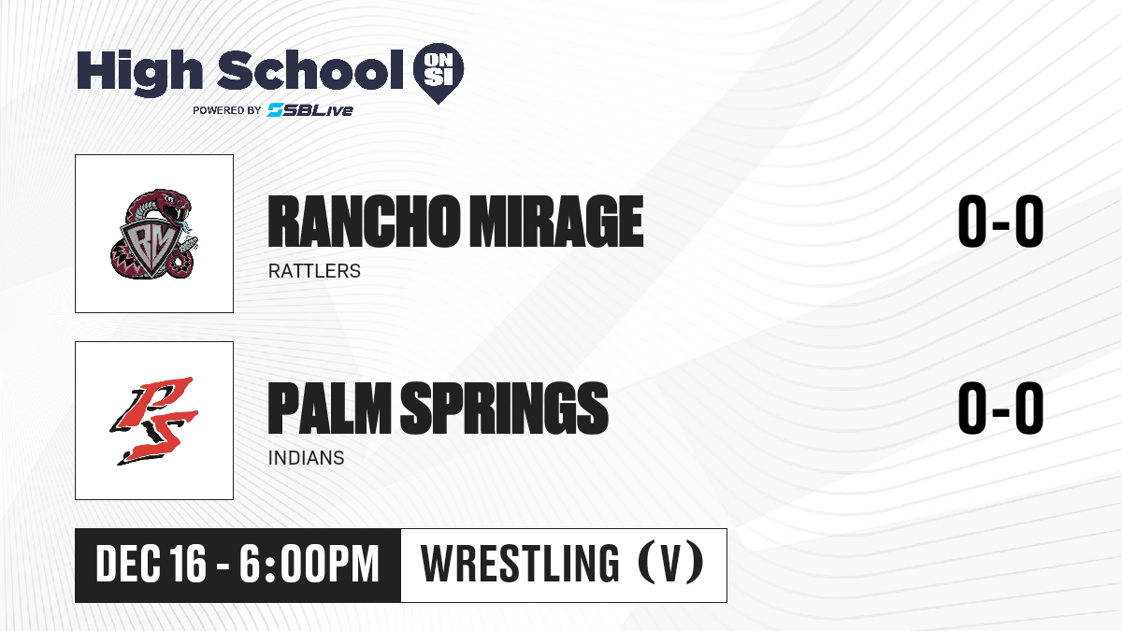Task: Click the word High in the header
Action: click(x=139, y=73)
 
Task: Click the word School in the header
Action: click(x=310, y=70)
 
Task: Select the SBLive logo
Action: click(x=309, y=110)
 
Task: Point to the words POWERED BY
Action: click(x=227, y=110)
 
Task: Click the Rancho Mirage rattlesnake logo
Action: click(x=154, y=234)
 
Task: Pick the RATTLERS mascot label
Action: click(x=314, y=271)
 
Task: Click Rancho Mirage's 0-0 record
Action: click(x=1000, y=222)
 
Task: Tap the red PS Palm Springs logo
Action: click(x=154, y=421)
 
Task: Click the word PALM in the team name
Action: click(x=329, y=409)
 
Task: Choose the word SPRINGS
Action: click(x=504, y=409)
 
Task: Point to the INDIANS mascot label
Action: click(x=306, y=458)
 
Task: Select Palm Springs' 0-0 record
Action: click(x=1000, y=409)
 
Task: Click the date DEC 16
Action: click(x=151, y=564)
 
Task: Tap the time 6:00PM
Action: click(x=309, y=564)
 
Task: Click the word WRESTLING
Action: click(x=520, y=564)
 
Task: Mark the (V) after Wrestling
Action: click(x=670, y=564)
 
